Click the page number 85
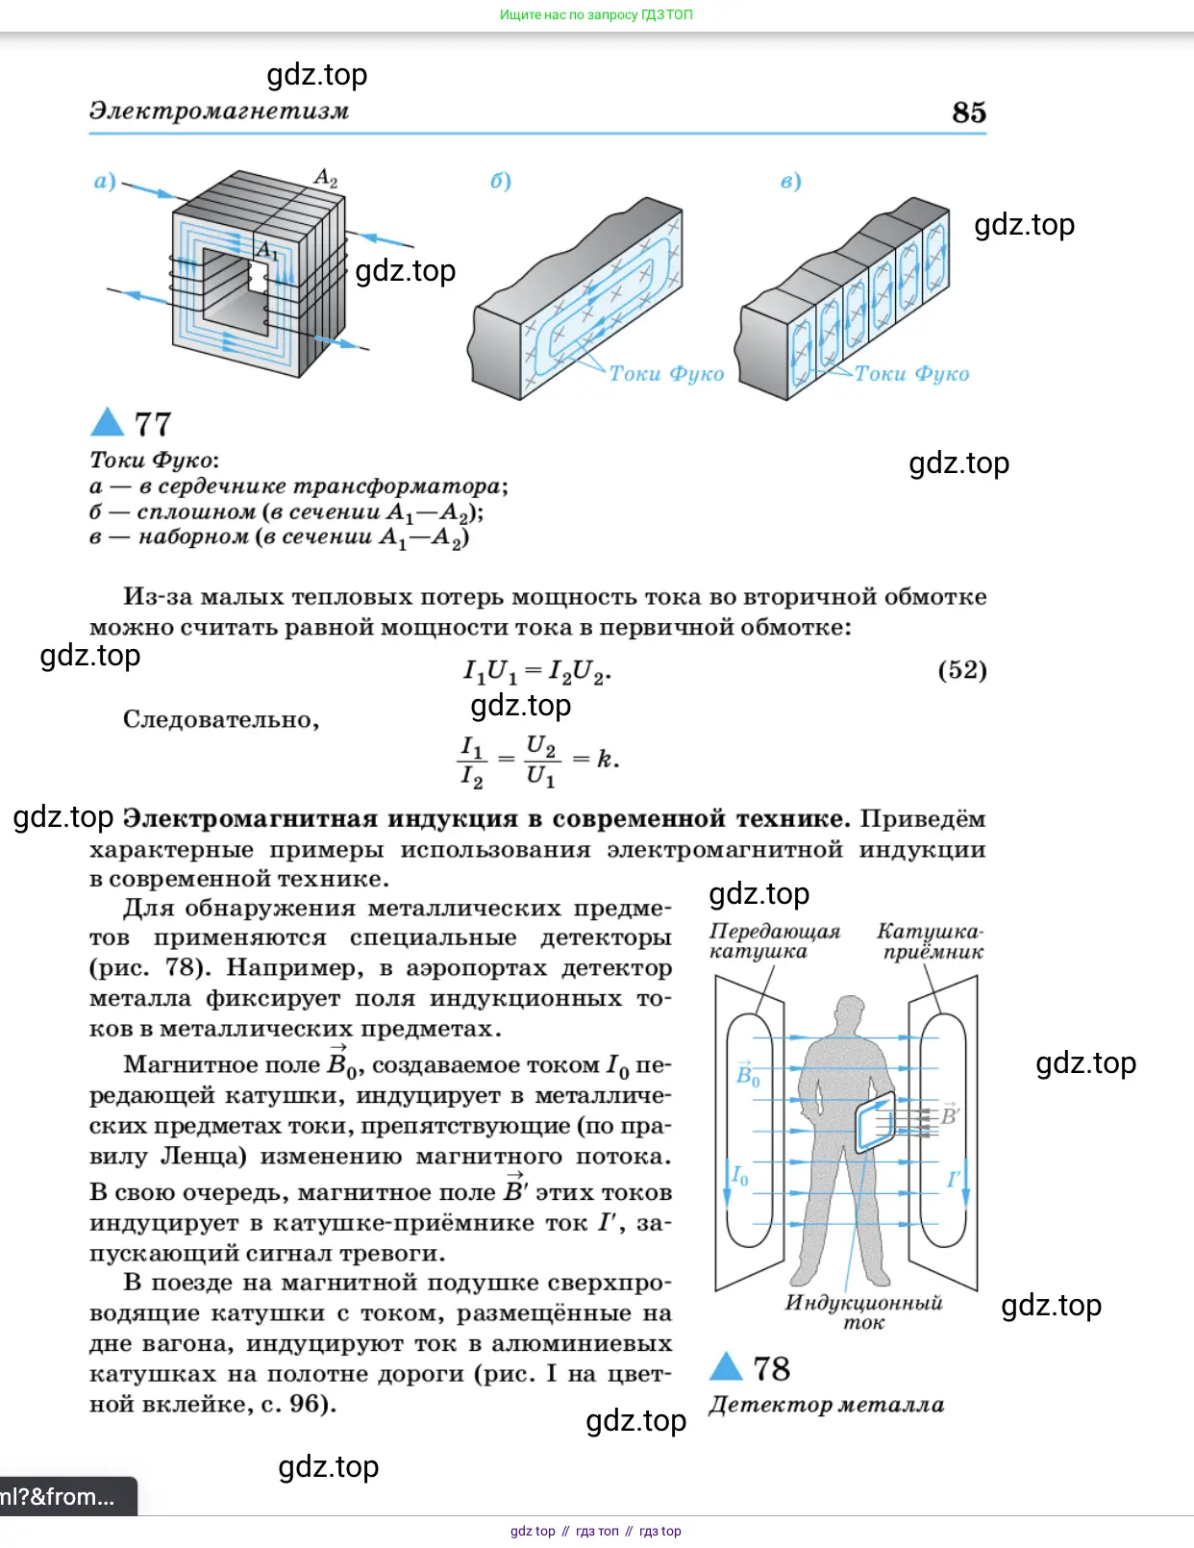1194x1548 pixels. point(969,112)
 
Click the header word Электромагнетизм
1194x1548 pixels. point(219,111)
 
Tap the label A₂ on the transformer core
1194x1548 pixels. point(326,178)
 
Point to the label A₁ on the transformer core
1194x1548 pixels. point(267,252)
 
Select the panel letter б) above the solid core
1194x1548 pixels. point(501,181)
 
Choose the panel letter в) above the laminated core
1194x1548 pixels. point(790,181)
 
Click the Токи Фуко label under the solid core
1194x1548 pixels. point(666,373)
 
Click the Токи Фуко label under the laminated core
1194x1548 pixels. point(911,373)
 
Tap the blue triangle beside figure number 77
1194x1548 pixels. point(107,422)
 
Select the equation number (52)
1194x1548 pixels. point(962,669)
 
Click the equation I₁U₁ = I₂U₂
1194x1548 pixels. point(536,671)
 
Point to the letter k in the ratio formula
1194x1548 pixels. point(605,759)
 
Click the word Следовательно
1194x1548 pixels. point(221,719)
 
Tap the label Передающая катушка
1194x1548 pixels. point(774,941)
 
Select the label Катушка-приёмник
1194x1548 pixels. point(931,941)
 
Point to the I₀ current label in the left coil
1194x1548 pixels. point(739,1175)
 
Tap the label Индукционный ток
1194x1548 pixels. point(863,1312)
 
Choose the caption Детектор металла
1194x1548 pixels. point(826,1405)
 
